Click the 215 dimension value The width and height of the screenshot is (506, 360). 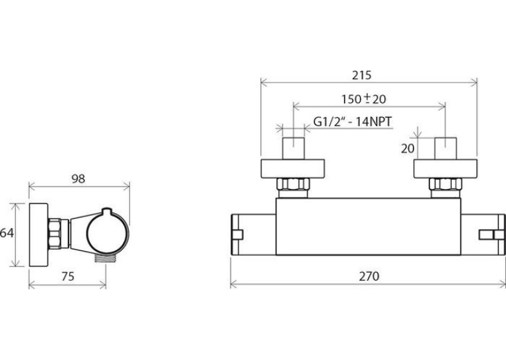[361, 75]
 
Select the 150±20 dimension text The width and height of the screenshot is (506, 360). [364, 98]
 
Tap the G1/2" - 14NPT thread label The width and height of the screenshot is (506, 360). [352, 122]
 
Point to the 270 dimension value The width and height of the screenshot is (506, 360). [369, 276]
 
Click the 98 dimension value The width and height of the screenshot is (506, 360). [78, 179]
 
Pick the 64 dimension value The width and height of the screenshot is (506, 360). [7, 233]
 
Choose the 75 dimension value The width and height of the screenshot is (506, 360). [67, 277]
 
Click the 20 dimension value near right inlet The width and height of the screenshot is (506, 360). [408, 149]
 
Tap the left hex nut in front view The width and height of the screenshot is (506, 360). [293, 184]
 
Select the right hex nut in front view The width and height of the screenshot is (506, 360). [445, 184]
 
